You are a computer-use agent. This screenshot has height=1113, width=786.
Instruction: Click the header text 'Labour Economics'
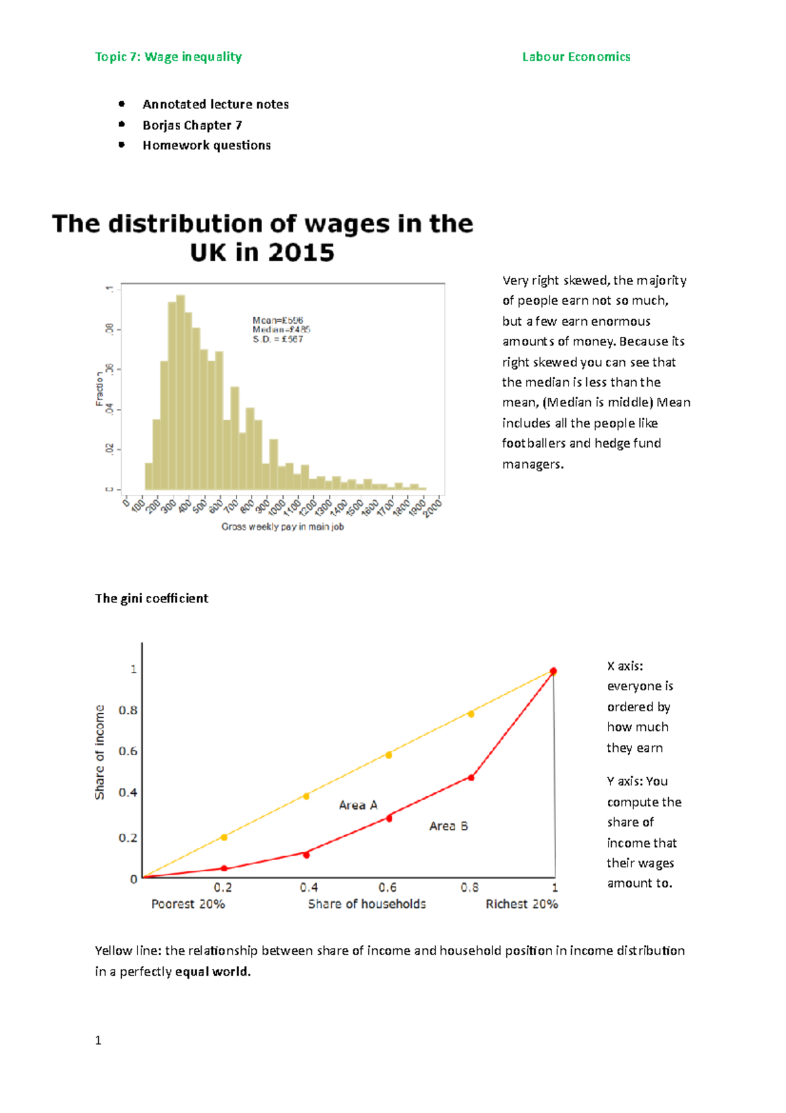[576, 57]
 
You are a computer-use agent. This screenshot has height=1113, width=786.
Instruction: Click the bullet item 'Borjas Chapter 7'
[193, 125]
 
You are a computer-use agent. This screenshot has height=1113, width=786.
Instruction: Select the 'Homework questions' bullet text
[206, 146]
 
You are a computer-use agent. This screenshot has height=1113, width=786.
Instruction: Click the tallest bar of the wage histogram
[180, 393]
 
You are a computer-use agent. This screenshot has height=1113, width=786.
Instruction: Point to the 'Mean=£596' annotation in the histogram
[278, 321]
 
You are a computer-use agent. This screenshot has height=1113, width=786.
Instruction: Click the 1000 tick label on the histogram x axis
[276, 507]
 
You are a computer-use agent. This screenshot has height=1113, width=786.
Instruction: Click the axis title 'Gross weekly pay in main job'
[282, 527]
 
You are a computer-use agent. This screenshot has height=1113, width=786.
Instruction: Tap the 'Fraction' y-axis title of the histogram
[100, 389]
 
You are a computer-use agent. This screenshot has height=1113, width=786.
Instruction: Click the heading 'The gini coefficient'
[151, 598]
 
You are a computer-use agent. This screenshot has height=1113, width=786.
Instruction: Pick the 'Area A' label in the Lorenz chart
[358, 805]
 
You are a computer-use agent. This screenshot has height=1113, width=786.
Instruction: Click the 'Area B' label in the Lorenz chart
[448, 826]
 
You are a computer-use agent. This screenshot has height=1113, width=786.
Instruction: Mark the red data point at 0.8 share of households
[471, 777]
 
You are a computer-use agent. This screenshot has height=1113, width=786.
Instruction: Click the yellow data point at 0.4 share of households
[306, 796]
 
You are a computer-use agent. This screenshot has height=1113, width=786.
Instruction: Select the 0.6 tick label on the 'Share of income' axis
[128, 751]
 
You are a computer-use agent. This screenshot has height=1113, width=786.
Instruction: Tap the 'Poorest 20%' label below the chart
[188, 904]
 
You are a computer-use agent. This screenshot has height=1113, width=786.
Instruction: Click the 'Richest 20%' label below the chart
[521, 904]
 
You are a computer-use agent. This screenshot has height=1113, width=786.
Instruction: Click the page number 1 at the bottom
[98, 1040]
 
